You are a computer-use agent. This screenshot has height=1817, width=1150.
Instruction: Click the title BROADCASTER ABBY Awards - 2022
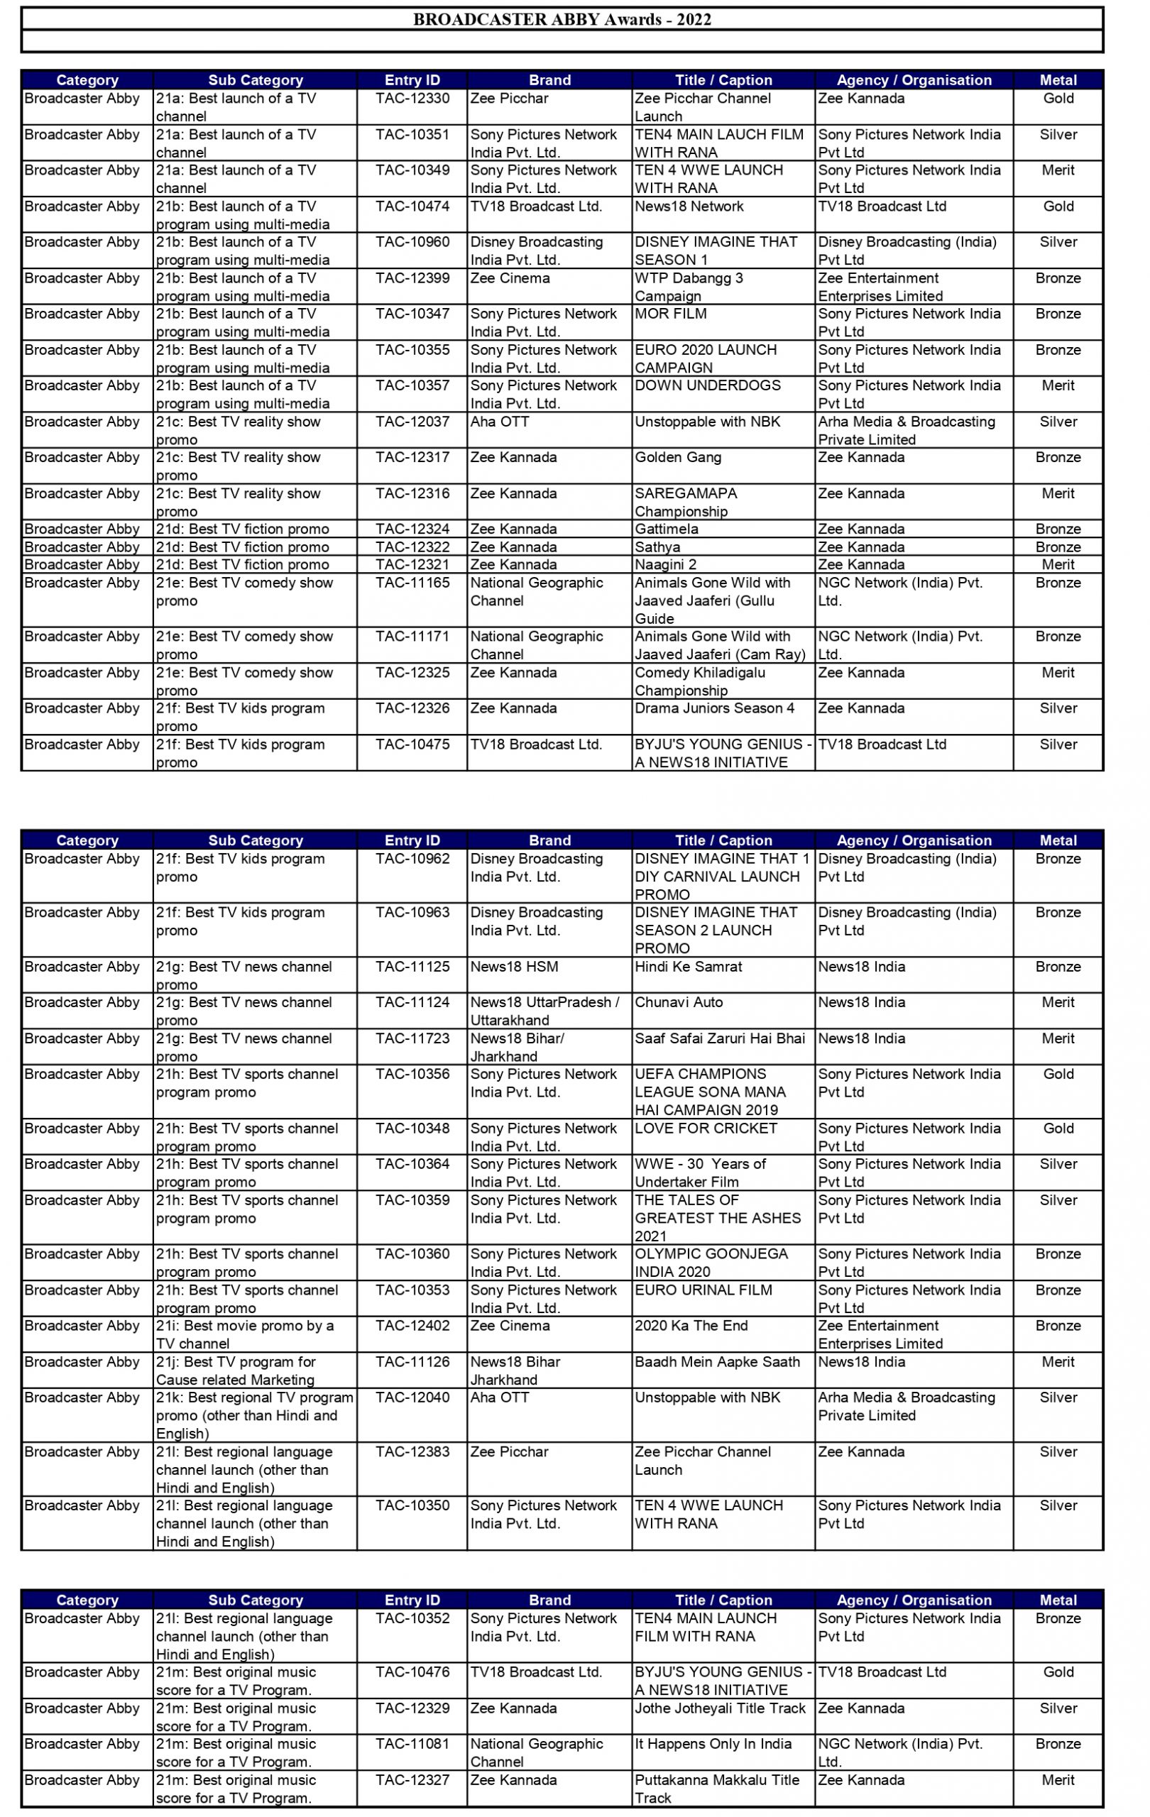pos(562,20)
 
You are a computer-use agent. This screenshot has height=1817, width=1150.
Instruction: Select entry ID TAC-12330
pos(412,99)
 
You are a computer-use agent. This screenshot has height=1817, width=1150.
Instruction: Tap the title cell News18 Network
pos(689,207)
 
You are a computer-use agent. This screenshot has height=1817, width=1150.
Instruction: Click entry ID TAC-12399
pos(412,278)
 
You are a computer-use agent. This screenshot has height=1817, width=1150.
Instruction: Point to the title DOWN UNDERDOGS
pos(708,385)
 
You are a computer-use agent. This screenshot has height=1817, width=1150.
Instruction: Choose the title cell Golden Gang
pos(678,457)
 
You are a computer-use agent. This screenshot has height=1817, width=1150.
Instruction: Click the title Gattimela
pos(667,529)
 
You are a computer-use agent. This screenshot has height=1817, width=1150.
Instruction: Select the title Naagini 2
pos(666,564)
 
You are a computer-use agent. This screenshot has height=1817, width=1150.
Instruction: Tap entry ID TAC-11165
pos(412,583)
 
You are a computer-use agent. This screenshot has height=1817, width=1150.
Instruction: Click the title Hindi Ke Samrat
pos(688,967)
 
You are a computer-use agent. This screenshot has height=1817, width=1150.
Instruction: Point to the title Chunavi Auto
pos(679,1002)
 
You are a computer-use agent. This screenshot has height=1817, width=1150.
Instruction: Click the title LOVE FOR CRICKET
pos(706,1128)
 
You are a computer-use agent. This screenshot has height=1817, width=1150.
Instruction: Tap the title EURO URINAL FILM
pos(703,1290)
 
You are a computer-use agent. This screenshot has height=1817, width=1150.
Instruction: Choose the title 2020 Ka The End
pos(691,1326)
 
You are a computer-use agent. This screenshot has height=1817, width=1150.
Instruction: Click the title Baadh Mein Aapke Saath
pos(717,1362)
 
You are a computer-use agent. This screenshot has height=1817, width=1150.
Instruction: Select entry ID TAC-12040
pos(412,1398)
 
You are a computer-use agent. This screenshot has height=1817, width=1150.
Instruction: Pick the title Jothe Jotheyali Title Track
pos(720,1708)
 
